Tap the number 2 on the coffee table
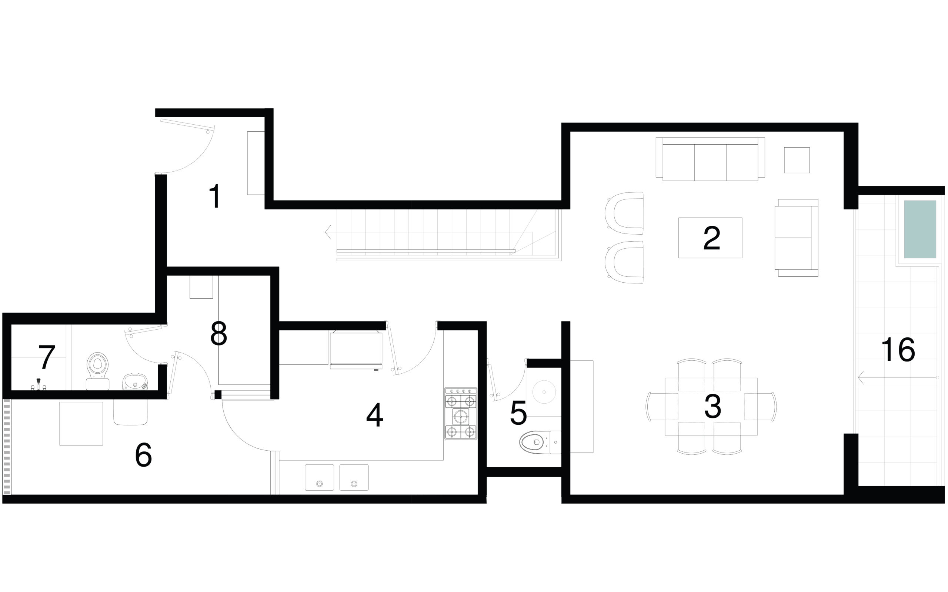click(711, 238)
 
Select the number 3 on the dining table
click(712, 406)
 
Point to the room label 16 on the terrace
click(898, 350)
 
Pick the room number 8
click(218, 334)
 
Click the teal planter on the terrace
click(920, 229)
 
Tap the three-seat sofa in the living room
click(710, 159)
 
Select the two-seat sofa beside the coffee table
click(796, 238)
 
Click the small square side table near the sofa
click(797, 160)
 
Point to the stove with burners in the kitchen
click(461, 413)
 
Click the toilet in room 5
click(540, 442)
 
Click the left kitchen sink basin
click(319, 477)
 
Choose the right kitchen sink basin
click(354, 477)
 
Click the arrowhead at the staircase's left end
click(327, 232)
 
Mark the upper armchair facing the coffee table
click(625, 213)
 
